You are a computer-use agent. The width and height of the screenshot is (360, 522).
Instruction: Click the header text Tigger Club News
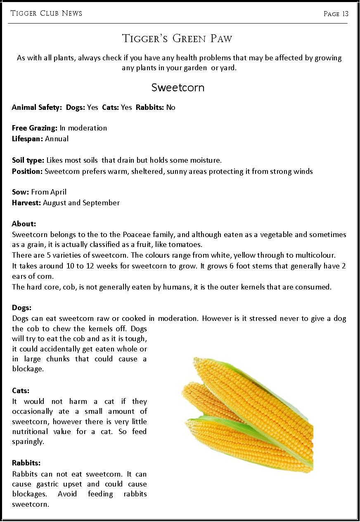coord(46,13)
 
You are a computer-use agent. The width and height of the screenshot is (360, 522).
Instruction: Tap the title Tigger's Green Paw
coord(178,39)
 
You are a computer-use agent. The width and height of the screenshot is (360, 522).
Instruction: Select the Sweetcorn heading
coord(178,88)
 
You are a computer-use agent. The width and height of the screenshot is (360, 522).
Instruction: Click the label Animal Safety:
coord(36,107)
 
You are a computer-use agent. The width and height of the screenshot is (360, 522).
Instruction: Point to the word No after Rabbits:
coord(171,107)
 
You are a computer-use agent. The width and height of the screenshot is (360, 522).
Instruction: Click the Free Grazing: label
coord(35,128)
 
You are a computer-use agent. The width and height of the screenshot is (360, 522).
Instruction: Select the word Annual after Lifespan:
coord(57,139)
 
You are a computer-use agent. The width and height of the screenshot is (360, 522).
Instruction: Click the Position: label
coord(27,171)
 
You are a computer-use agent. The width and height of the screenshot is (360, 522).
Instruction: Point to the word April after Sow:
coord(58,192)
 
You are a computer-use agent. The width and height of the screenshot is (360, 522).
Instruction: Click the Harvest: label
coord(26,203)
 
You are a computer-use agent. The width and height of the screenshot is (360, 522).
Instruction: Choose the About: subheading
coord(24,224)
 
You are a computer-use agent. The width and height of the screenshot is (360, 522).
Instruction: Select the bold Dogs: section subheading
coord(22,308)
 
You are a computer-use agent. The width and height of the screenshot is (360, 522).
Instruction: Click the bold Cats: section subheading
coord(21,391)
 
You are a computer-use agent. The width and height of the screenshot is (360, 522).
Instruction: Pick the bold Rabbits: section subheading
coord(26,463)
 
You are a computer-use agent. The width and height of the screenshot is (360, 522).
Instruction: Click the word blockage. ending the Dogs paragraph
coord(28,369)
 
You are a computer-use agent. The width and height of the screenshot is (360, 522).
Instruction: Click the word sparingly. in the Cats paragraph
coord(28,441)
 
